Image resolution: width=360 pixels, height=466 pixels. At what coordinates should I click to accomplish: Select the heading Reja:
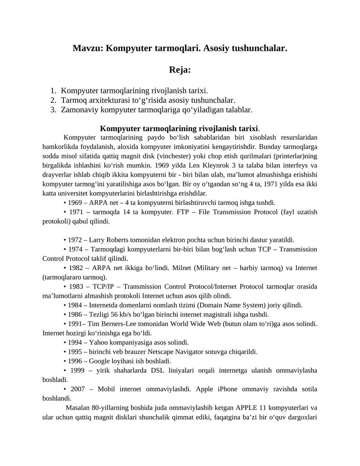180,70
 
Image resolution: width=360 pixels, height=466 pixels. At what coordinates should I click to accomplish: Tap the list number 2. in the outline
53,100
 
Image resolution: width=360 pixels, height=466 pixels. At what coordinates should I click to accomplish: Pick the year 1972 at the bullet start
75,240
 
